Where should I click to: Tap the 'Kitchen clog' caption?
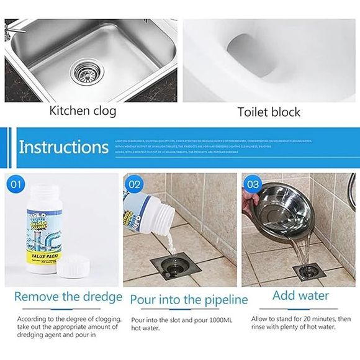point(83,112)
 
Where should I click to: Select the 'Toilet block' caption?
point(269,112)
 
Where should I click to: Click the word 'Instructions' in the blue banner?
point(63,148)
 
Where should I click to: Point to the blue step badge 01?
point(17,184)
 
